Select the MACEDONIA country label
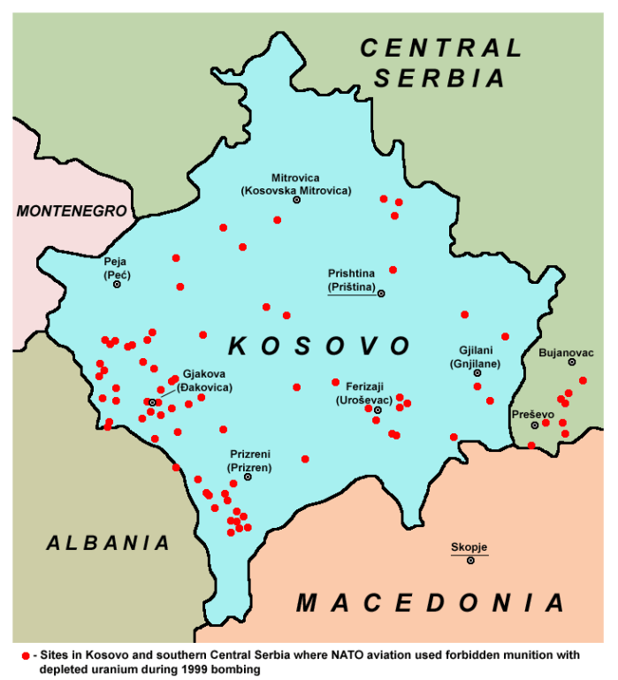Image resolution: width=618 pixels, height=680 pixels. pyautogui.click(x=431, y=603)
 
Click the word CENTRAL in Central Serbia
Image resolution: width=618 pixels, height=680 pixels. pyautogui.click(x=441, y=48)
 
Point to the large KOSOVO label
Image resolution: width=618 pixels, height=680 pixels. pyautogui.click(x=319, y=345)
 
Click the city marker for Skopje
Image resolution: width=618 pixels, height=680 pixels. pyautogui.click(x=470, y=561)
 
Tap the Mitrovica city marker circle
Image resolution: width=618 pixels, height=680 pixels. pyautogui.click(x=297, y=200)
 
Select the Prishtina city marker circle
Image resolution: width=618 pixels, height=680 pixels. pyautogui.click(x=382, y=293)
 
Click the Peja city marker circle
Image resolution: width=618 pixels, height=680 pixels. pyautogui.click(x=117, y=284)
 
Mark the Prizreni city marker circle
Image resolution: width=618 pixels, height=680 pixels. pyautogui.click(x=248, y=477)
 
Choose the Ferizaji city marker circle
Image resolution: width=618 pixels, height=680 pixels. pyautogui.click(x=378, y=409)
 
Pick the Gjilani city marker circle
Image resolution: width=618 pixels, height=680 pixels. pyautogui.click(x=477, y=373)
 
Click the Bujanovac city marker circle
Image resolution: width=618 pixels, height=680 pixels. pyautogui.click(x=572, y=362)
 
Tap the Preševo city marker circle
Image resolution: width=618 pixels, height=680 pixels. pyautogui.click(x=534, y=425)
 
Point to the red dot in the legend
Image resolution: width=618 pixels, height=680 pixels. pyautogui.click(x=26, y=655)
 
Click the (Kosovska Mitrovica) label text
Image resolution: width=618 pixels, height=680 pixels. pyautogui.click(x=296, y=190)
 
